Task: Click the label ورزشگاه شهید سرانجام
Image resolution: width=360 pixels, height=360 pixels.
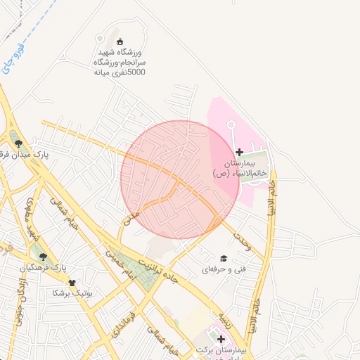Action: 119,62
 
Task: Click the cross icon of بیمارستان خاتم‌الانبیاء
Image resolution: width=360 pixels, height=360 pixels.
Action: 240,152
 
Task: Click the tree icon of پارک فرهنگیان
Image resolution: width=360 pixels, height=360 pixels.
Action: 44,257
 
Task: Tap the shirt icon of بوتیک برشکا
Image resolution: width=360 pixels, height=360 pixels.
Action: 72,282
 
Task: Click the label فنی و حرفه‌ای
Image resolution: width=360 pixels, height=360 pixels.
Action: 224,269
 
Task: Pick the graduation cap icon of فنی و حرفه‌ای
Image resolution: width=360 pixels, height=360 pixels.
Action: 224,259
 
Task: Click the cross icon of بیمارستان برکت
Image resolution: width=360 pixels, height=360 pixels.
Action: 221,340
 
